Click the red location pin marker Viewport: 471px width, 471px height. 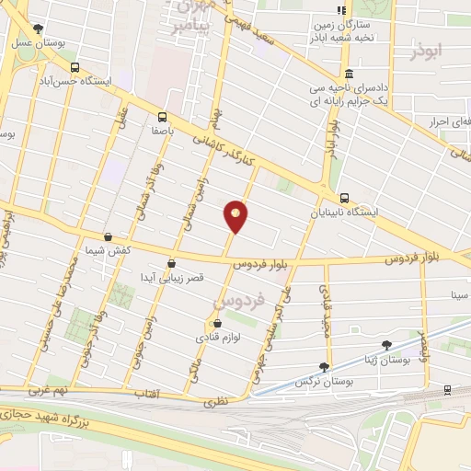236,215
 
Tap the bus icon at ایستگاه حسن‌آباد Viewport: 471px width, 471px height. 75,66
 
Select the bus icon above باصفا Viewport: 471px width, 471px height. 163,117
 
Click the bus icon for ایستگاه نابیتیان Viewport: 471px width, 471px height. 344,198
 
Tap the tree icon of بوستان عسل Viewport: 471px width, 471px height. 37,29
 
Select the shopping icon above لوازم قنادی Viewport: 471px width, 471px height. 217,324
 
